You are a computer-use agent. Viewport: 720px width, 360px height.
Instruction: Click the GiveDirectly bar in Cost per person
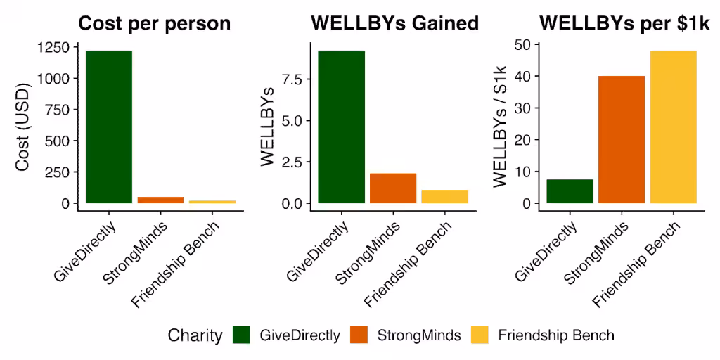[x=109, y=127]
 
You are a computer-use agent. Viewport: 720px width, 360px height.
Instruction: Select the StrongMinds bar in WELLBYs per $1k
[x=622, y=140]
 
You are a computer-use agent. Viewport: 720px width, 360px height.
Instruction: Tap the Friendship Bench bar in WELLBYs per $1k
[x=674, y=127]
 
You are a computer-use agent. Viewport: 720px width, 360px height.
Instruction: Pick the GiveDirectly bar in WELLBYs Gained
[x=341, y=127]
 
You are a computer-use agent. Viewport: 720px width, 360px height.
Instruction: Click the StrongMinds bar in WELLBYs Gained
[x=393, y=188]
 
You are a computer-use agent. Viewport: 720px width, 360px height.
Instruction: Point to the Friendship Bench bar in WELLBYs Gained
[x=445, y=197]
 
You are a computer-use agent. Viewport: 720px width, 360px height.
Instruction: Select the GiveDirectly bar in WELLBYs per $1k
[x=570, y=191]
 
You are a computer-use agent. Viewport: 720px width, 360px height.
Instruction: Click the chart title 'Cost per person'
[x=154, y=24]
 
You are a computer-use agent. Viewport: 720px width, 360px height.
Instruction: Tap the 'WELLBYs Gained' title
[x=395, y=24]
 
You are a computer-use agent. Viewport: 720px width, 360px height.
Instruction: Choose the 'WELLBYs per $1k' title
[x=624, y=24]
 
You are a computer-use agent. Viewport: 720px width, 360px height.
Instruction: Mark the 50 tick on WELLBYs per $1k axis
[x=522, y=44]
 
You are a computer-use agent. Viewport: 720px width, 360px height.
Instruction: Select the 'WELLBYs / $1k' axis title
[x=501, y=126]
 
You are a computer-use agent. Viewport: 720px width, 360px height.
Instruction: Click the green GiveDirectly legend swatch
[x=241, y=335]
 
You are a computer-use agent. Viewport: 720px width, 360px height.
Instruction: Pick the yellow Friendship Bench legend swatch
[x=480, y=335]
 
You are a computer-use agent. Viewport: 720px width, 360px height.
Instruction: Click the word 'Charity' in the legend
[x=195, y=335]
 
